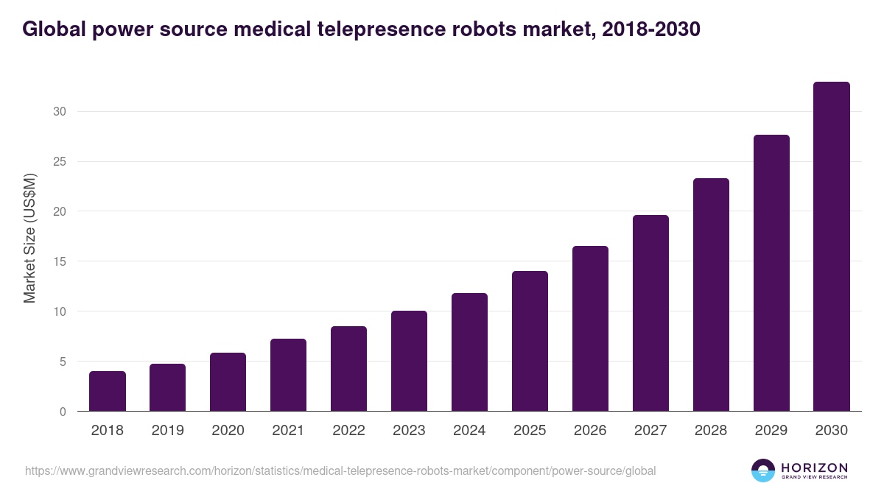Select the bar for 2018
107,391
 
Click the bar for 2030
831,247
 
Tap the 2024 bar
469,352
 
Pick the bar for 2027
650,313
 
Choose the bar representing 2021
288,375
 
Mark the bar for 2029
771,273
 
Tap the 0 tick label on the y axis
63,412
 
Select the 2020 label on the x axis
228,431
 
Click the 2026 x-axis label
590,431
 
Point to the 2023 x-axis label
409,431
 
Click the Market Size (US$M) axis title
29,237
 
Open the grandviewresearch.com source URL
340,470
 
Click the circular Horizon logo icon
763,470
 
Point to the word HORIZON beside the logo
814,468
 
